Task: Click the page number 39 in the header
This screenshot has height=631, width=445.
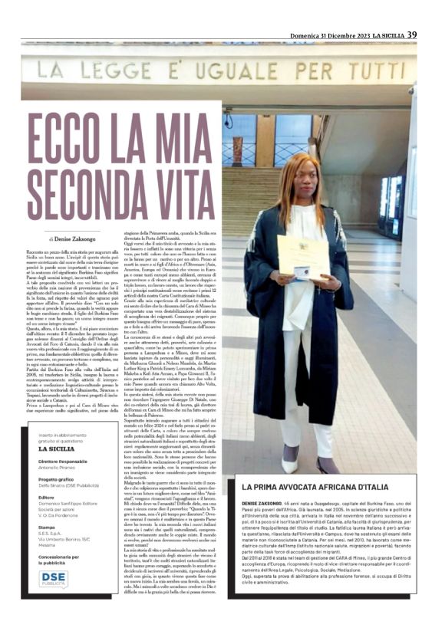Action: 412,35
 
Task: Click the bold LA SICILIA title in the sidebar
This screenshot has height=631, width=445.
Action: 51,449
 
